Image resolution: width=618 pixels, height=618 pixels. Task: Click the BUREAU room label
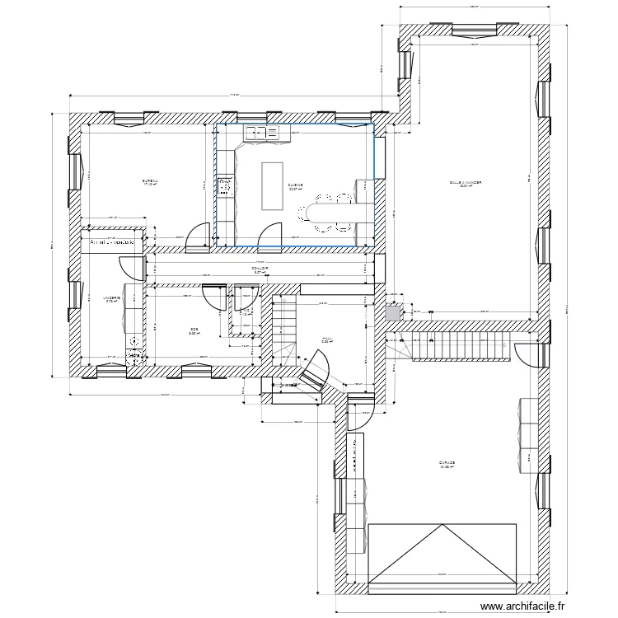click(149, 181)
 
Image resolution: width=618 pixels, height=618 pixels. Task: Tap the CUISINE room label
click(295, 185)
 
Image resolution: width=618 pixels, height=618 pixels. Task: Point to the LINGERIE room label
click(111, 297)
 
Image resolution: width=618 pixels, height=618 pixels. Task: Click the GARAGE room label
click(447, 463)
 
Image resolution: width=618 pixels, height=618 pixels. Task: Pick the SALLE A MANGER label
click(465, 183)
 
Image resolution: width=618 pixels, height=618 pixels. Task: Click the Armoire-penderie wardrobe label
click(115, 242)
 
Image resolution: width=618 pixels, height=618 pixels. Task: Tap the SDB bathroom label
click(193, 330)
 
